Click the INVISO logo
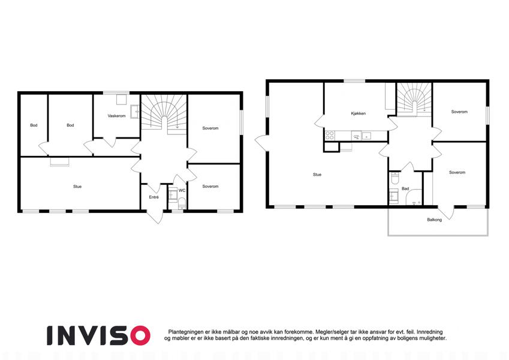click(x=98, y=335)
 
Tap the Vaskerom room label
click(x=116, y=116)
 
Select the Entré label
click(x=154, y=197)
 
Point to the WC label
click(x=182, y=190)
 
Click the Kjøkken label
click(x=359, y=113)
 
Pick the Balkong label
click(x=434, y=220)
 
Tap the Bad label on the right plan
click(x=405, y=188)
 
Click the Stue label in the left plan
click(x=77, y=187)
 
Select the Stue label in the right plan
click(x=317, y=175)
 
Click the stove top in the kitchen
click(x=330, y=136)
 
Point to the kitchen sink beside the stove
click(x=366, y=136)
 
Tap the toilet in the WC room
click(x=182, y=202)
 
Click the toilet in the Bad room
click(x=394, y=178)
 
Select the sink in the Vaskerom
click(x=135, y=112)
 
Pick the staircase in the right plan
click(x=414, y=100)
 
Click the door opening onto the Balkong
click(x=446, y=212)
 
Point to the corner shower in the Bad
click(x=414, y=197)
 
